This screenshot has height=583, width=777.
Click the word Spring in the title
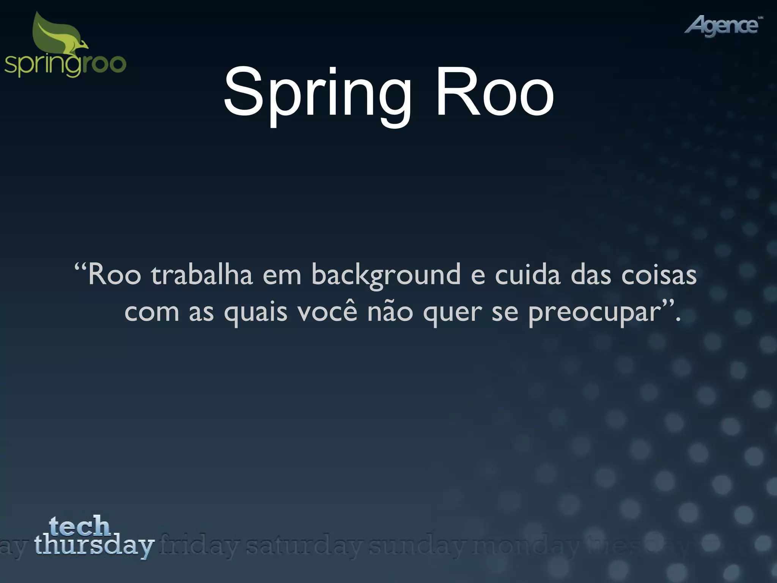coord(317,93)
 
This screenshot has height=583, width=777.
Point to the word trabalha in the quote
coord(202,274)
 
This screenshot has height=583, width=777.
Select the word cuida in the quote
coord(527,274)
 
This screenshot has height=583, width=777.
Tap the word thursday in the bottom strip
coord(94,545)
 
